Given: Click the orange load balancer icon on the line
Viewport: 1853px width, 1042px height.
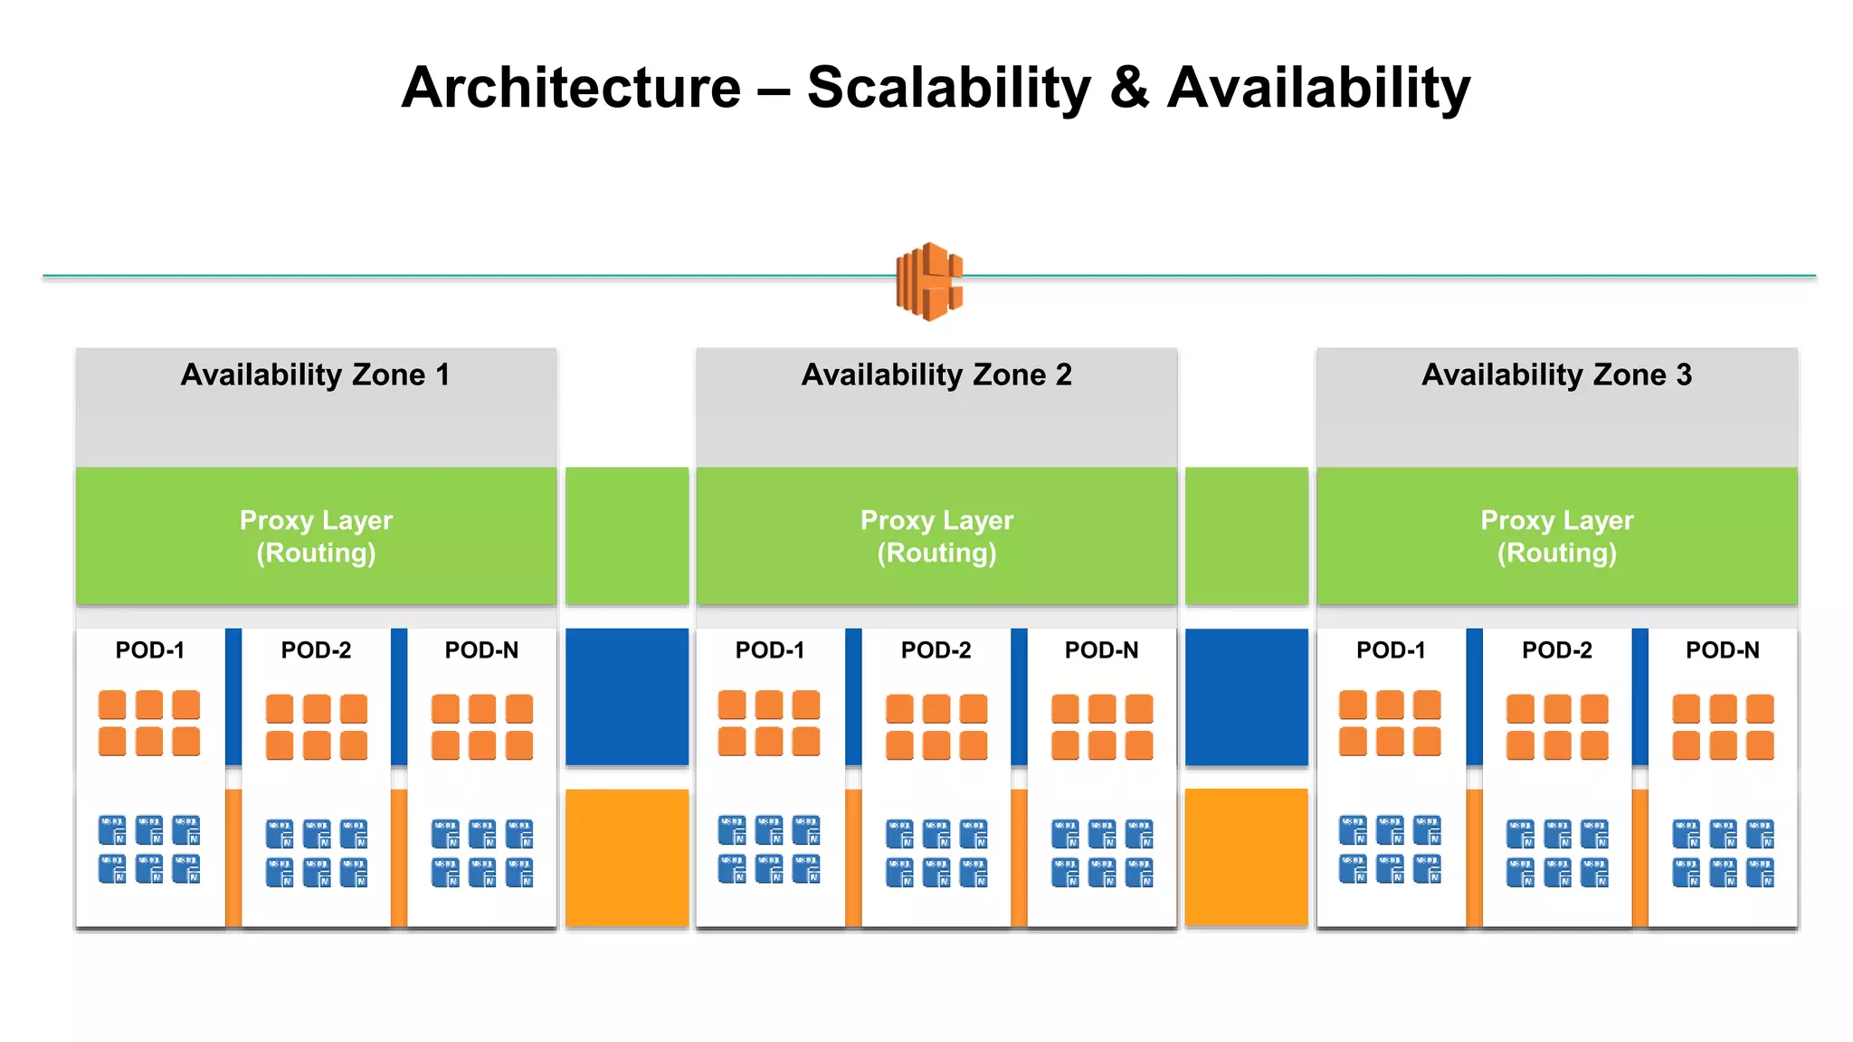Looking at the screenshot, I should [x=929, y=281].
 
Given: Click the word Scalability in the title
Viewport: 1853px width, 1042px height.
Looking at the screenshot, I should [x=949, y=89].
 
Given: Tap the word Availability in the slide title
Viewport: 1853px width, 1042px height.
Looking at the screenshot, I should [x=1318, y=89].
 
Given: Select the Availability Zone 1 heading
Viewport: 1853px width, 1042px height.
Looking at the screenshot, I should [x=315, y=374].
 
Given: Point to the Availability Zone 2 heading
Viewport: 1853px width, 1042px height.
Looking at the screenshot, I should [x=936, y=374].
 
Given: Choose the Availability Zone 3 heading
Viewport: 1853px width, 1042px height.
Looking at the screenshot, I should [x=1556, y=374].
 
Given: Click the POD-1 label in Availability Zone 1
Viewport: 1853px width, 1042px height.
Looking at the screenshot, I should [x=150, y=650].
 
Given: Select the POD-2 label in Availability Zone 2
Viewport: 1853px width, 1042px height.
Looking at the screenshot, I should [x=936, y=650].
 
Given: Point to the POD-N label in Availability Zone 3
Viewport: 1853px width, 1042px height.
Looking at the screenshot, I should [x=1722, y=650].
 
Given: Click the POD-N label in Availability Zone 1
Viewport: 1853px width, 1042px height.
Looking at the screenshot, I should [x=481, y=650].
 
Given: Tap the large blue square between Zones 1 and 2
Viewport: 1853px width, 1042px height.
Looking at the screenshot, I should [x=626, y=696].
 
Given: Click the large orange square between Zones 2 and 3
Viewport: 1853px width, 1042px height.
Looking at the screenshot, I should [x=1246, y=857].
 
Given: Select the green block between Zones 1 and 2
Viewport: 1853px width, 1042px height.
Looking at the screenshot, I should [x=626, y=535].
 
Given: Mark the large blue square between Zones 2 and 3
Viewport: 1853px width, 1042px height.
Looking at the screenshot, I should [x=1246, y=696].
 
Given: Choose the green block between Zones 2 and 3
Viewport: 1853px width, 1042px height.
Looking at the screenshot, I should [x=1246, y=535].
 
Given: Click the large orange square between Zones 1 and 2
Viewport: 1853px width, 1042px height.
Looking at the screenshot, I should [x=626, y=857].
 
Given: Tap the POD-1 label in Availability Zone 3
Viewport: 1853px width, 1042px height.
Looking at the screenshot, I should [x=1391, y=650].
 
